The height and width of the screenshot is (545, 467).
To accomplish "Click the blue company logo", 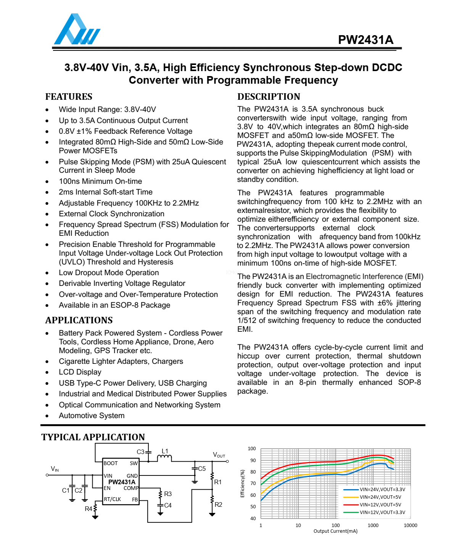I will click(77, 30).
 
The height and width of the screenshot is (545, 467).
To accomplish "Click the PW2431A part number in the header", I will click(365, 40).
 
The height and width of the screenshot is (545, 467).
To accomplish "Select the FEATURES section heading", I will click(69, 97).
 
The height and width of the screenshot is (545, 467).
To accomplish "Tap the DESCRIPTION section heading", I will click(269, 97).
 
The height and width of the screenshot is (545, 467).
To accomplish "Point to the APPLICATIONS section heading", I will click(79, 320).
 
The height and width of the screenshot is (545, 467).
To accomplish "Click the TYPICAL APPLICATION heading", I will click(93, 437).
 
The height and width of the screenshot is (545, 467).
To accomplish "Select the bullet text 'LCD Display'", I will click(80, 372).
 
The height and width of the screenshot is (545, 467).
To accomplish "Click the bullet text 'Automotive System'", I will click(92, 416).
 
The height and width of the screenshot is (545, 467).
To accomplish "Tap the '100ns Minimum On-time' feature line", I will click(100, 182).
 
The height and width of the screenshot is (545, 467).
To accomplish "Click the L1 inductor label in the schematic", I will click(165, 451).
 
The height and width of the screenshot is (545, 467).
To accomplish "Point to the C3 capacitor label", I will click(140, 452).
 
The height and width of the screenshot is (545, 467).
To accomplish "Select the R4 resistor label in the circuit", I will click(89, 509).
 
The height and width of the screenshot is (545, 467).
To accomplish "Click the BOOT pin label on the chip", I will click(111, 464).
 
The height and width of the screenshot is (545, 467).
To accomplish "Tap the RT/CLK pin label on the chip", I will click(113, 500).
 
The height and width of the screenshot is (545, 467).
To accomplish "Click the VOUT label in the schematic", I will click(219, 455).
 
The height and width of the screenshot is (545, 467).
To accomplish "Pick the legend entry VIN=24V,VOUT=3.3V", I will click(382, 490).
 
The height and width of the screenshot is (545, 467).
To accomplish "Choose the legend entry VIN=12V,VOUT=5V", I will click(380, 505).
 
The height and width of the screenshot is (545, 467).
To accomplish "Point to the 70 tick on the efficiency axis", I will click(253, 483).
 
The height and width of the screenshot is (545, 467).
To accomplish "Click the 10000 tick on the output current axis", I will click(410, 526).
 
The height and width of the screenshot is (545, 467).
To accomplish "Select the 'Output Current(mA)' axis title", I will click(335, 531).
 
